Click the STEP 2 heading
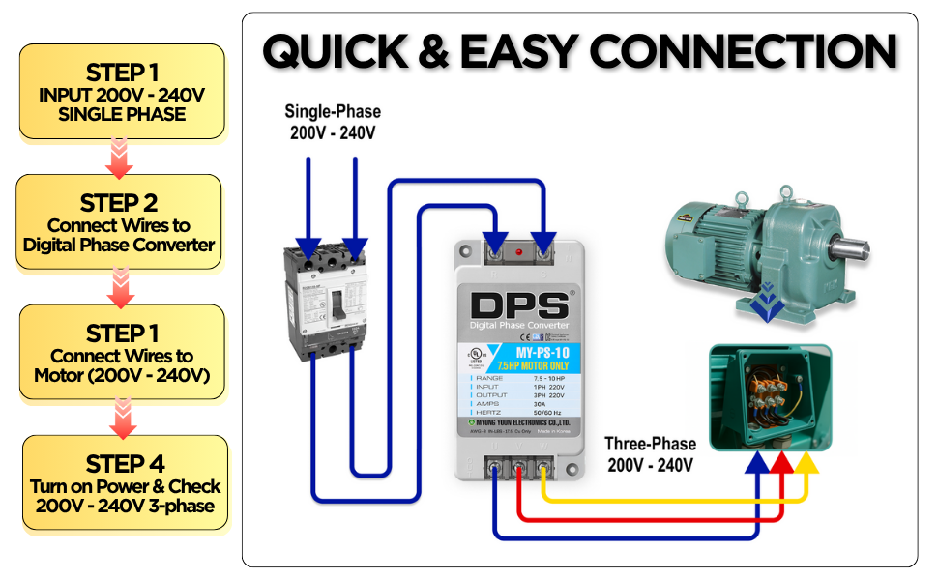pyautogui.click(x=120, y=203)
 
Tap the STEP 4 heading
pyautogui.click(x=125, y=463)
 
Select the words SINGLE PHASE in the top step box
pyautogui.click(x=121, y=114)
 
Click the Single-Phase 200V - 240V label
pyautogui.click(x=333, y=122)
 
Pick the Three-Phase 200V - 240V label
pyautogui.click(x=650, y=454)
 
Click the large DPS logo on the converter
pyautogui.click(x=520, y=305)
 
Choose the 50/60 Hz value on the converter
pyautogui.click(x=546, y=413)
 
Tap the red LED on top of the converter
pyautogui.click(x=520, y=253)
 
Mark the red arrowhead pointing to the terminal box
pyautogui.click(x=782, y=463)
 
